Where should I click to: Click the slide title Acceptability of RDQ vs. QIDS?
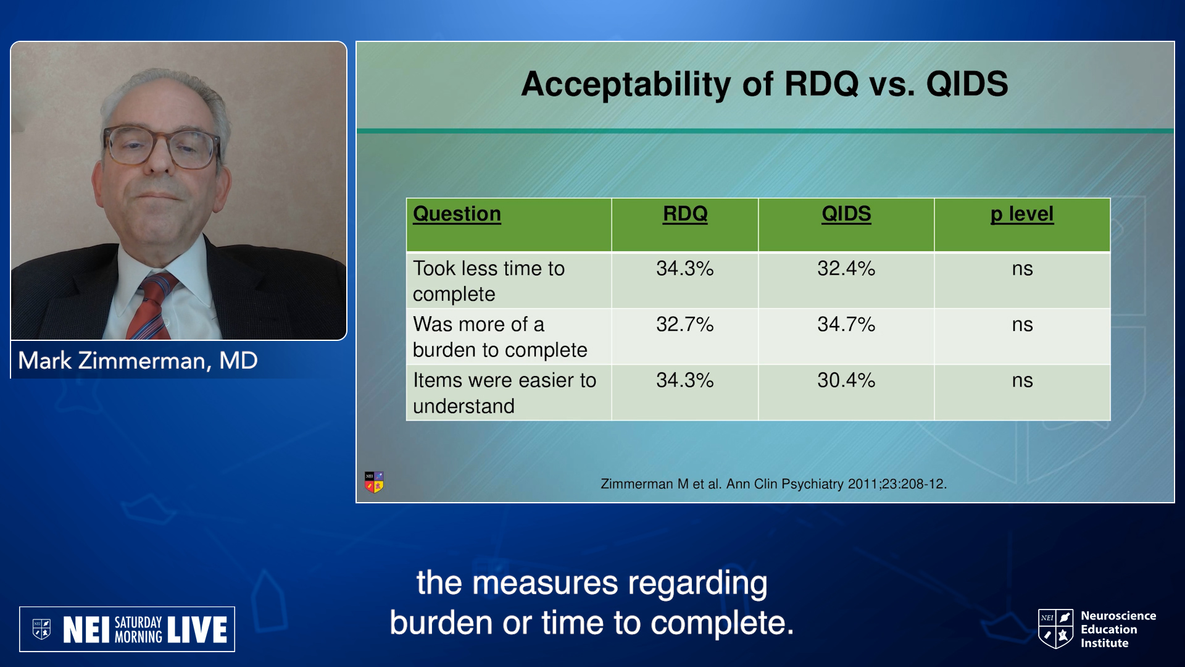pos(765,84)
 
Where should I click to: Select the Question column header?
pos(457,214)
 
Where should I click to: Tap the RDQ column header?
pos(685,214)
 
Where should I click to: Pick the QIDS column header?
pos(846,214)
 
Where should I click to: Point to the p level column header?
pos(1022,214)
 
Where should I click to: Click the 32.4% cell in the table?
pos(846,269)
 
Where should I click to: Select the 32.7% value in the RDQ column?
pos(685,324)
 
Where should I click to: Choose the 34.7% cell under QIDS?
pos(846,324)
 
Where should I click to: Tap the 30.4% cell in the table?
pos(846,380)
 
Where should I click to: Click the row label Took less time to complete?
pos(489,281)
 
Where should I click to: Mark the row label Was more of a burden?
pos(500,337)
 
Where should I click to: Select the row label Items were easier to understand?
pos(504,393)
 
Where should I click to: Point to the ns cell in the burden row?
pos(1022,325)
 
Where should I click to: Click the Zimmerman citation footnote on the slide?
pos(774,484)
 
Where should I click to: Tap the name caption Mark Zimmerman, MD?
pos(138,361)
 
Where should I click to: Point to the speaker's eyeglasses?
pos(162,147)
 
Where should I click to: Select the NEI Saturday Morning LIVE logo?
pos(127,629)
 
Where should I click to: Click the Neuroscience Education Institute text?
pos(1118,629)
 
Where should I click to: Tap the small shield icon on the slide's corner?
pos(374,482)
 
